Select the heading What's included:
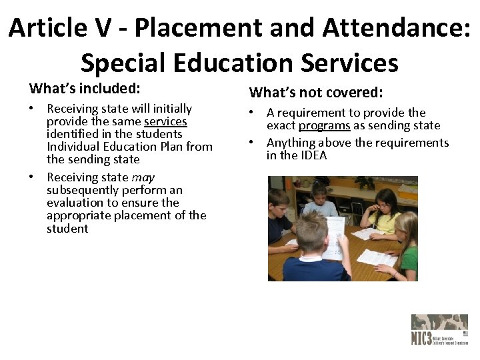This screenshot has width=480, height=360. [x=84, y=88]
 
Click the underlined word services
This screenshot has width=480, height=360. [x=165, y=121]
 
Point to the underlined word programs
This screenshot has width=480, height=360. [x=324, y=125]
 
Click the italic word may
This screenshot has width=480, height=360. [x=143, y=177]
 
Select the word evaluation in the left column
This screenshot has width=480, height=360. [x=75, y=203]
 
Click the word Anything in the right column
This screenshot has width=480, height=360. [x=291, y=143]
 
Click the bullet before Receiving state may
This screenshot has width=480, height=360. [x=32, y=177]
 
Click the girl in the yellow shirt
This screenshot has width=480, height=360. [x=381, y=210]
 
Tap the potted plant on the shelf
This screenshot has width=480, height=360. [x=364, y=181]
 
